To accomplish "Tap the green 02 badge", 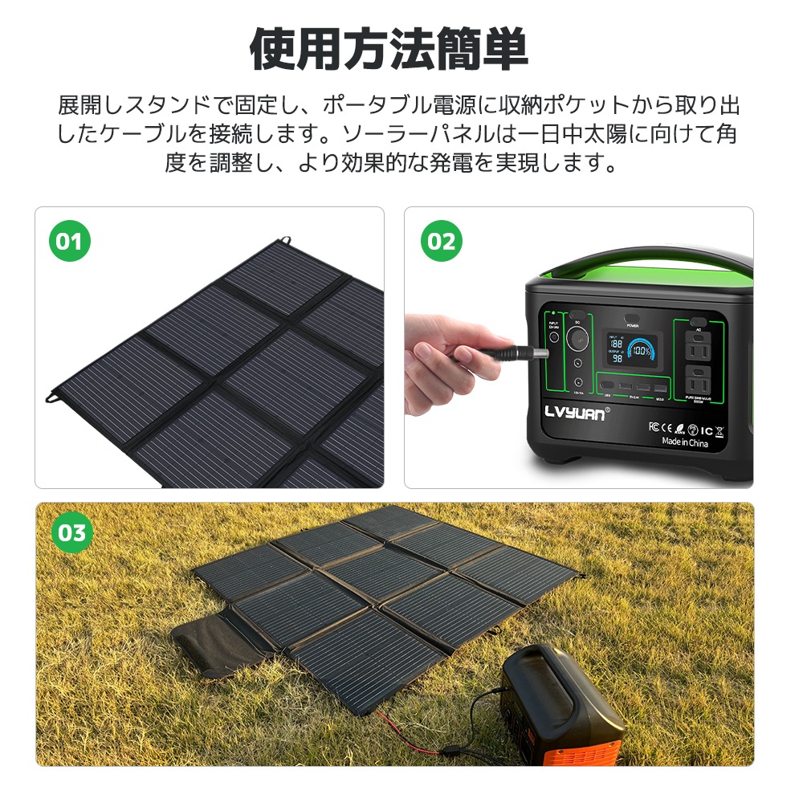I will point(441,242).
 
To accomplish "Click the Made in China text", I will point(684,442).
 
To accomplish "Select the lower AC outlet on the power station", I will point(697,382).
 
